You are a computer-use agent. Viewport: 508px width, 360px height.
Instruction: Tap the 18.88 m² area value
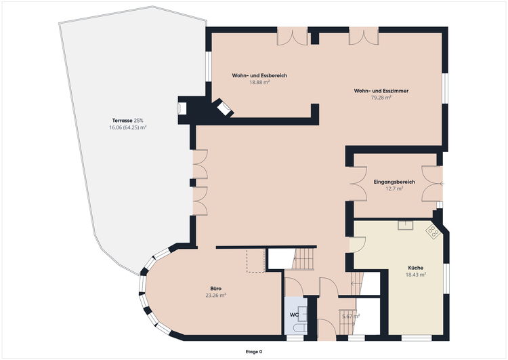(259, 83)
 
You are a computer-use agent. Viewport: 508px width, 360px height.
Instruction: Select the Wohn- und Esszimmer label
(381, 91)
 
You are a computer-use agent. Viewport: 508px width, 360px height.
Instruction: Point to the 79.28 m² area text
(381, 98)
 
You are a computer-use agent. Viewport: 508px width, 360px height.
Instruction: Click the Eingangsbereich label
(394, 182)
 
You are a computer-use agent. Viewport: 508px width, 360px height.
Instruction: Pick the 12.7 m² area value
(394, 188)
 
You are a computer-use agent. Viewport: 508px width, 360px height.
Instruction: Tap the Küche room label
(416, 268)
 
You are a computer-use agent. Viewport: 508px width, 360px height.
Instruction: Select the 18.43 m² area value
(416, 275)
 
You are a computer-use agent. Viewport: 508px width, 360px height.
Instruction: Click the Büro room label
(216, 289)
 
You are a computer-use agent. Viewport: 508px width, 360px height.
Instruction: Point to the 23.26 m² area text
(216, 296)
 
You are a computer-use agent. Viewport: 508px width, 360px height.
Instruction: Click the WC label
(294, 315)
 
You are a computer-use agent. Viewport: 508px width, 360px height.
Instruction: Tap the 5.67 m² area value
(351, 316)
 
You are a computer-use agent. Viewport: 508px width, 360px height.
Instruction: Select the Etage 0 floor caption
(254, 352)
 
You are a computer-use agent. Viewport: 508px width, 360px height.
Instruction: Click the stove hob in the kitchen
(433, 231)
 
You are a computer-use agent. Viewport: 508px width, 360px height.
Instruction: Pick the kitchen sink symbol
(406, 225)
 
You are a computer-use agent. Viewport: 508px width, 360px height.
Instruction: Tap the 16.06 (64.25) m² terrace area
(127, 127)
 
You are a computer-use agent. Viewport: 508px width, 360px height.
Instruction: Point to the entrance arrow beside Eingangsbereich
(442, 184)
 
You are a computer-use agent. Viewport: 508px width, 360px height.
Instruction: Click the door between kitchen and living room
(358, 245)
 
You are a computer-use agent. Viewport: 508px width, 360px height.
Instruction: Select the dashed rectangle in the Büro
(256, 260)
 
